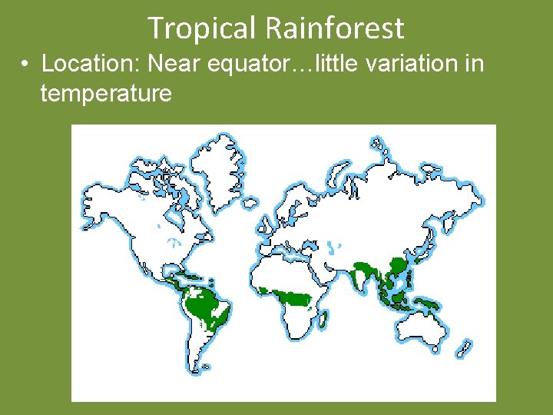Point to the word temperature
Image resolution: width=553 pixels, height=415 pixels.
106,94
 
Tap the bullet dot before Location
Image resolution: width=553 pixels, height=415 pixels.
26,64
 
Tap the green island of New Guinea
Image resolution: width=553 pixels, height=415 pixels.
431,304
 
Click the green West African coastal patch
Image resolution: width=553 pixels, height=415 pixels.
266,290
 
